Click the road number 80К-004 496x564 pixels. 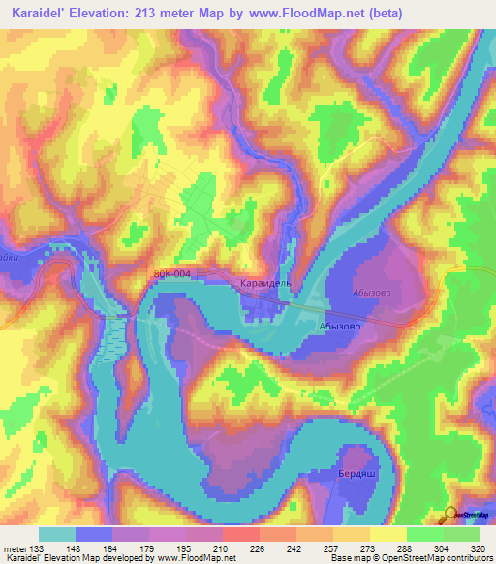coord(171,275)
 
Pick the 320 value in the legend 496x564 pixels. coord(479,549)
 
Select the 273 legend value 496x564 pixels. coord(366,549)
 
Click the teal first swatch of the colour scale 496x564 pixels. coord(57,534)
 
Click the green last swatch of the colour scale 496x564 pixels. coord(463,534)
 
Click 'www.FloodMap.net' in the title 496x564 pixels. coord(325,13)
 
